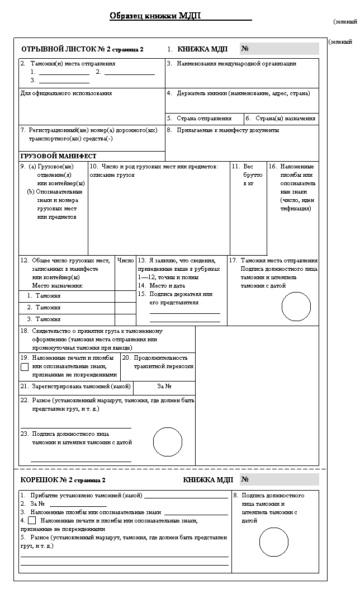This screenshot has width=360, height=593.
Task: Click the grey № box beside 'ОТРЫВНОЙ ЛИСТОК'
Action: point(280,49)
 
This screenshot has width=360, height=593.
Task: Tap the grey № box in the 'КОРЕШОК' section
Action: point(280,479)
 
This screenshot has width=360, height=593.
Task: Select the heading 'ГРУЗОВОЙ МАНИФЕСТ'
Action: point(58,156)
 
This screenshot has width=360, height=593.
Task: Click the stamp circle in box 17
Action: point(296,307)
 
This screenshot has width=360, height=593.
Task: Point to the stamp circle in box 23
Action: point(168,442)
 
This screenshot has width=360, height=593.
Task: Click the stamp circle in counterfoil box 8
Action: point(273,542)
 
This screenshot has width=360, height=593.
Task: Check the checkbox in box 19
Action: point(25,367)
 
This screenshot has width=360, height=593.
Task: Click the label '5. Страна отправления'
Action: point(200,119)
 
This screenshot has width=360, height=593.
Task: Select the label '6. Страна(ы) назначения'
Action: point(281,119)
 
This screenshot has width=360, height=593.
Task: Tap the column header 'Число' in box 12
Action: point(126,261)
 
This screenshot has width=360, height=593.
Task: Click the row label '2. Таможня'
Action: point(44,307)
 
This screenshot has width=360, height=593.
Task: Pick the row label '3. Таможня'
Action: point(44,319)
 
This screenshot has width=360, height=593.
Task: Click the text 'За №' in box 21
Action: point(164,387)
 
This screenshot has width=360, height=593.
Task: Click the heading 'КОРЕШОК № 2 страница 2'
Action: point(63,480)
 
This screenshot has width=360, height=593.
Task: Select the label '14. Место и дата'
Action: point(162,285)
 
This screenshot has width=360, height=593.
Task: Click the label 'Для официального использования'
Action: point(66,93)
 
